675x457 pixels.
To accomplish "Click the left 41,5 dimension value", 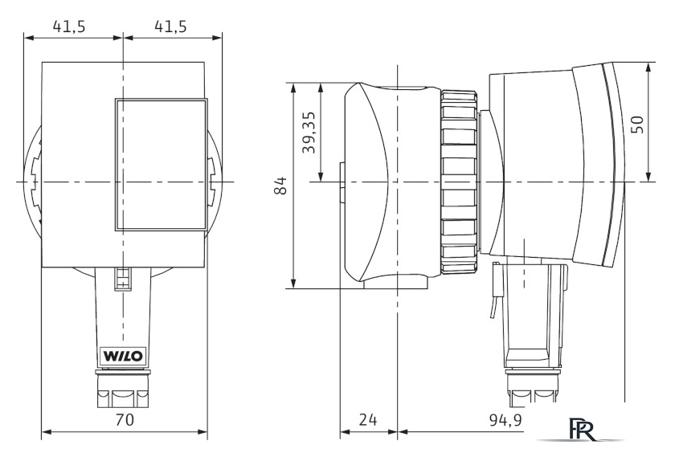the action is pyautogui.click(x=69, y=27).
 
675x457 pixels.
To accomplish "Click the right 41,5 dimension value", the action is pyautogui.click(x=171, y=27).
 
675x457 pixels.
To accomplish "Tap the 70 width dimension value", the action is pyautogui.click(x=125, y=419).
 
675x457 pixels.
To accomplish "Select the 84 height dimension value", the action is pyautogui.click(x=280, y=185).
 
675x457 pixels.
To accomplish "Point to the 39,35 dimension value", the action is pyautogui.click(x=309, y=133).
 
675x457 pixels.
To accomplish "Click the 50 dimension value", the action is pyautogui.click(x=638, y=124).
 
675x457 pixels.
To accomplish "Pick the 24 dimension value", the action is pyautogui.click(x=368, y=419).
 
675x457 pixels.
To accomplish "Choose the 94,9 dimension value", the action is pyautogui.click(x=505, y=419).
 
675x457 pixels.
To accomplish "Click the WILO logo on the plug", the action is pyautogui.click(x=123, y=357).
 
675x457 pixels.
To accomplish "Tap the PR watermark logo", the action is pyautogui.click(x=582, y=429).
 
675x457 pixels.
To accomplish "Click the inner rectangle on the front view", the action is pyautogui.click(x=161, y=165).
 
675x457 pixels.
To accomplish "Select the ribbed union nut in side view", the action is pyautogui.click(x=460, y=182).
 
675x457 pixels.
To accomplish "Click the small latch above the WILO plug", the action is pyautogui.click(x=123, y=280).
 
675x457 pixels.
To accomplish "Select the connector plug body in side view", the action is pyautogui.click(x=530, y=313).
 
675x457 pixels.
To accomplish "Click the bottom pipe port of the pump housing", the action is pyautogui.click(x=396, y=282).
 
